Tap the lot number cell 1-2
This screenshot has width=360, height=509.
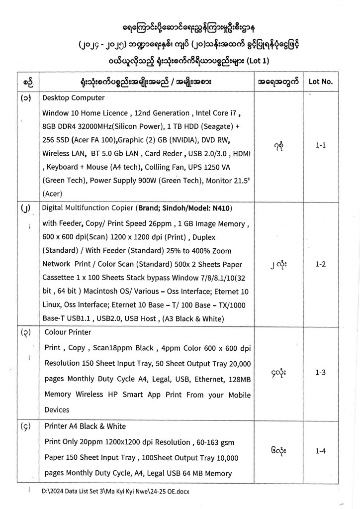[x=321, y=264]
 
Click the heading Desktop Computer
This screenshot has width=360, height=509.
[x=74, y=98]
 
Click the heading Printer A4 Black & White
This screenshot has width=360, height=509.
[x=85, y=426]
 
